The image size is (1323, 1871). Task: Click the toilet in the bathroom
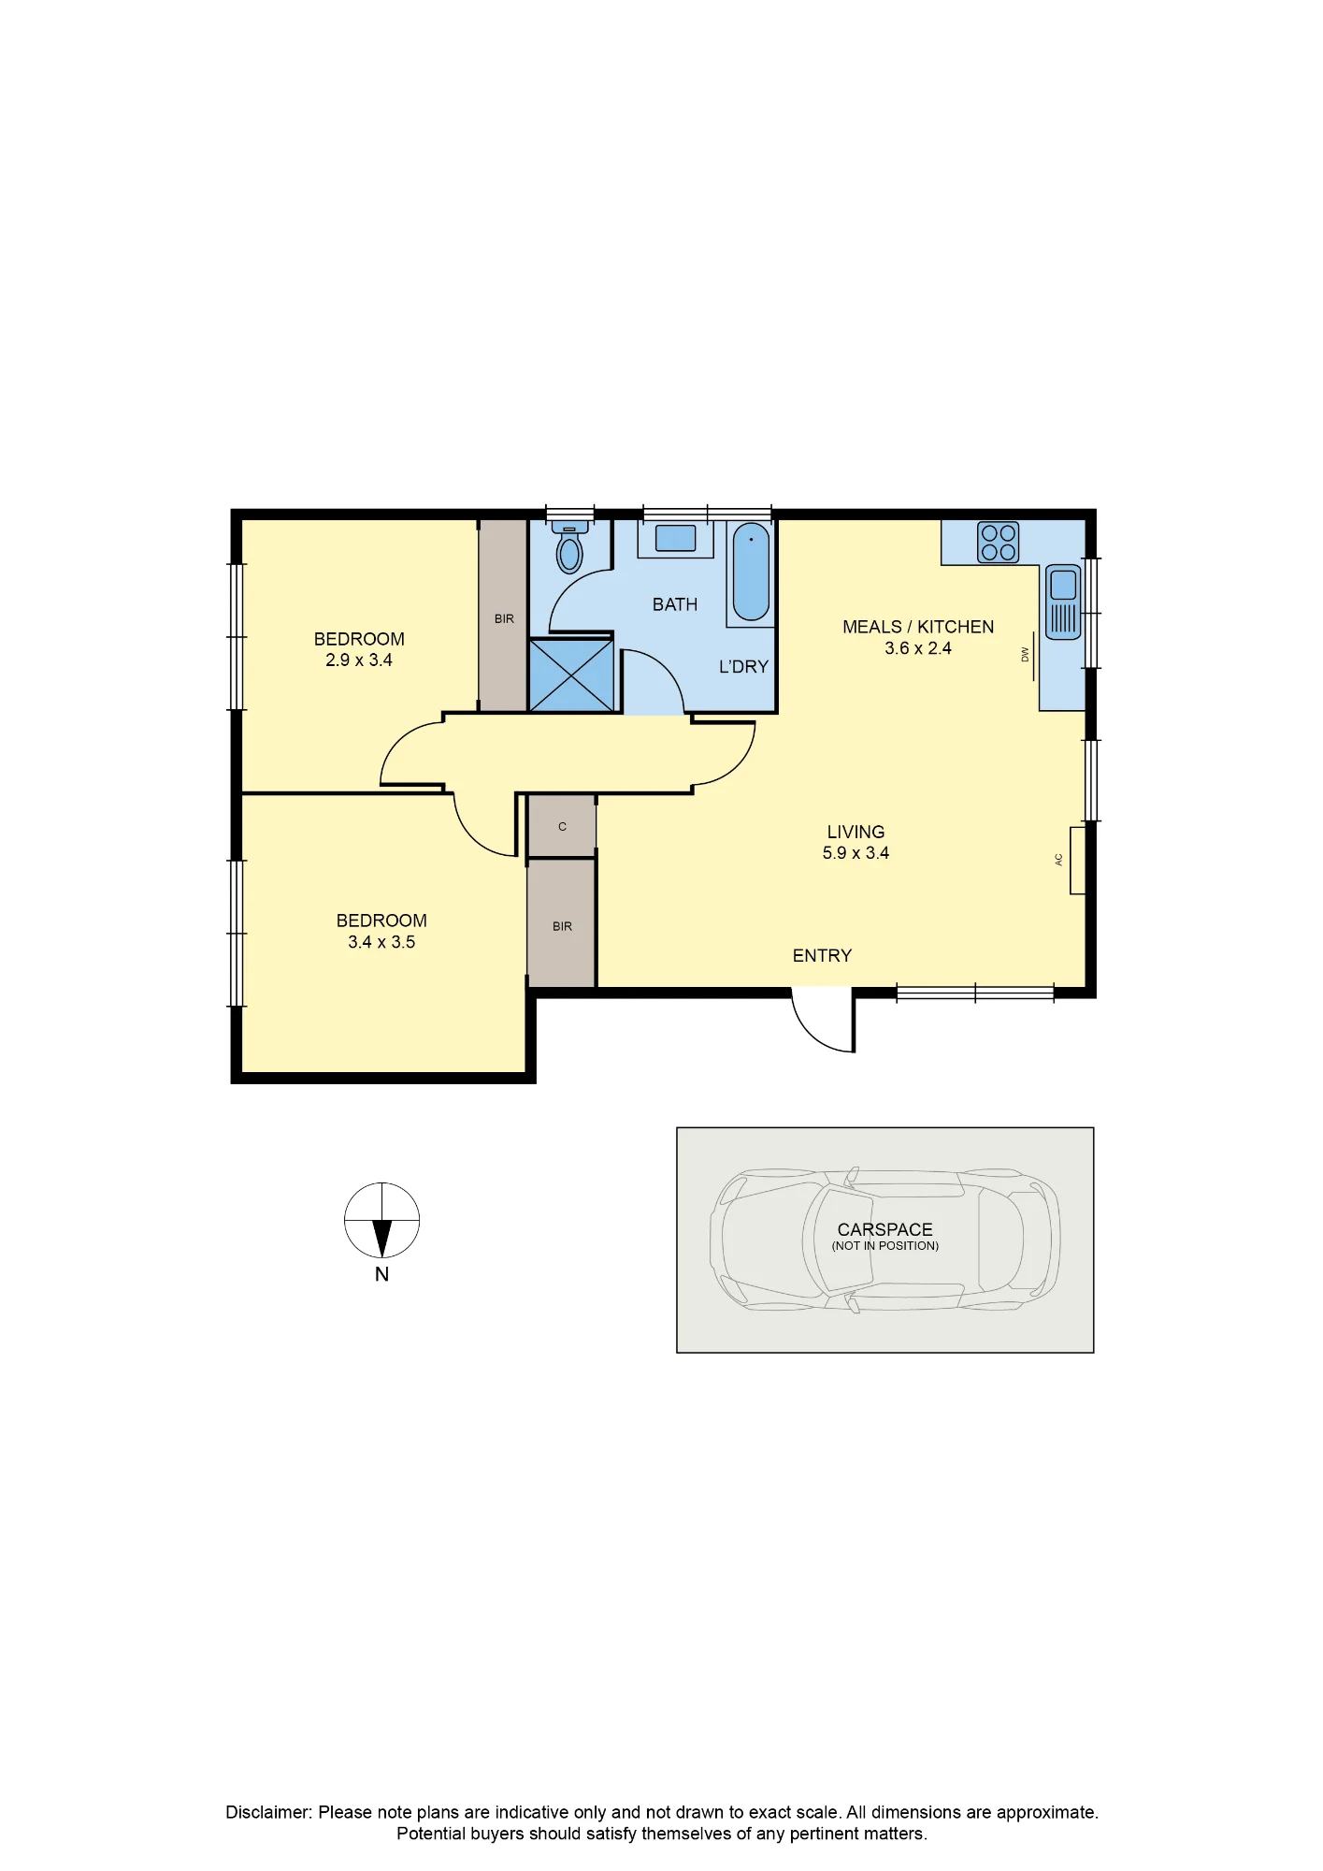pos(569,548)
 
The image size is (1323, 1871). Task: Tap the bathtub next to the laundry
pos(751,572)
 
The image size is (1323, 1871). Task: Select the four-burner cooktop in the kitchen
pos(998,542)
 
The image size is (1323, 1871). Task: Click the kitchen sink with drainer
pos(1063,602)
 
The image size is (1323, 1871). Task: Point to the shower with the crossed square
pos(571,674)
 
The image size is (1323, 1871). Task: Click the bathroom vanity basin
pos(675,538)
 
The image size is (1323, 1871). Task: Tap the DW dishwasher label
pos(1025,655)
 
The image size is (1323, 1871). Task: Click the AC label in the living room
pos(1059,860)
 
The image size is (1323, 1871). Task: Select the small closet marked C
pos(562,826)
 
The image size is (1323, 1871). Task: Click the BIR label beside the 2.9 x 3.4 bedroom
pos(504,618)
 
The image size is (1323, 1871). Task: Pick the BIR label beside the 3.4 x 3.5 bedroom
pos(562,926)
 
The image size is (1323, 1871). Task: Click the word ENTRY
pos(822,955)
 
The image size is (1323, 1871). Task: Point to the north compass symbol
pos(381,1221)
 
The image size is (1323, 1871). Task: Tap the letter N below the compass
pos(381,1274)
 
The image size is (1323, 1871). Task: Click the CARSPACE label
pos(884,1229)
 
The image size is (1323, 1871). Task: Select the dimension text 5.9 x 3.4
pos(856,852)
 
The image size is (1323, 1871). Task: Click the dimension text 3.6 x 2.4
pos(918,647)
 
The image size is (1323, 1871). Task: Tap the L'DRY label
pos(743,666)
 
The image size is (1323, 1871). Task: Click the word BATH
pos(675,604)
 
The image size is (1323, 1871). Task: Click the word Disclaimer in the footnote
pos(268,1812)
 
